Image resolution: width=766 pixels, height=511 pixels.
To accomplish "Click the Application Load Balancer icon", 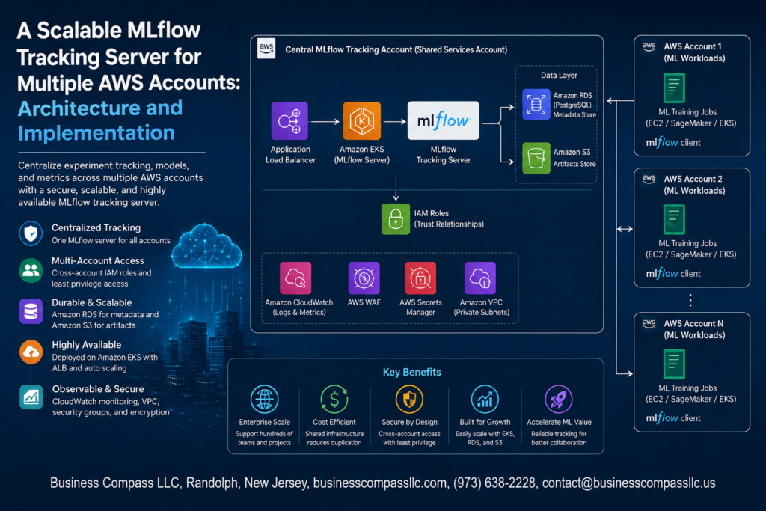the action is pyautogui.click(x=289, y=120).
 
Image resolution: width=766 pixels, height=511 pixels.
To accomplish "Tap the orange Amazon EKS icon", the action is pyautogui.click(x=361, y=120).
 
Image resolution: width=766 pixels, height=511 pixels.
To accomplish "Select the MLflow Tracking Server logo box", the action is pyautogui.click(x=443, y=120).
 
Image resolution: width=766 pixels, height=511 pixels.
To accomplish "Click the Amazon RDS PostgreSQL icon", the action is pyautogui.click(x=536, y=104).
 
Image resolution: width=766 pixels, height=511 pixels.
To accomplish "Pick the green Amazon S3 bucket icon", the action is pyautogui.click(x=536, y=158).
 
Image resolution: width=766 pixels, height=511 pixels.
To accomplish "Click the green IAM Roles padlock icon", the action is pyautogui.click(x=395, y=219).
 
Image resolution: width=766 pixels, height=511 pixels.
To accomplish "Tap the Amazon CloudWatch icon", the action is pyautogui.click(x=295, y=278).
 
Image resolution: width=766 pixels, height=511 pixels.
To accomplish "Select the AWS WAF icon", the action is pyautogui.click(x=364, y=278).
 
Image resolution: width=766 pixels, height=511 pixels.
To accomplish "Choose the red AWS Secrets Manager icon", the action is pyautogui.click(x=420, y=278).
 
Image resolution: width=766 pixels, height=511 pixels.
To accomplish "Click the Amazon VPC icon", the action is pyautogui.click(x=479, y=278).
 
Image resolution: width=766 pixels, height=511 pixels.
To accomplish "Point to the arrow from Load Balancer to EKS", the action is pyautogui.click(x=325, y=121).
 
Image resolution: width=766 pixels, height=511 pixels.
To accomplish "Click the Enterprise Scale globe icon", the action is pyautogui.click(x=264, y=399).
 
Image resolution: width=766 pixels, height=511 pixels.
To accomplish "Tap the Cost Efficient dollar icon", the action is pyautogui.click(x=334, y=399).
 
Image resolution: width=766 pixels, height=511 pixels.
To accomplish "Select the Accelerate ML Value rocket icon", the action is pyautogui.click(x=558, y=399).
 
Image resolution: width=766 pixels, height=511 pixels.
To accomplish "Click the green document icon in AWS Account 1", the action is pyautogui.click(x=674, y=88).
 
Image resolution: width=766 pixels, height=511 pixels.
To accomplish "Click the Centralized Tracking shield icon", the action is pyautogui.click(x=31, y=233).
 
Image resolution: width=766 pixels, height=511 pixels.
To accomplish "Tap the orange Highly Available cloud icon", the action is pyautogui.click(x=31, y=352).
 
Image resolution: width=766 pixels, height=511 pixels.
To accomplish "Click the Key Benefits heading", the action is pyautogui.click(x=412, y=373).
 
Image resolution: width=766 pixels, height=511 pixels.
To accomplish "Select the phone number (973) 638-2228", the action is pyautogui.click(x=494, y=483).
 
